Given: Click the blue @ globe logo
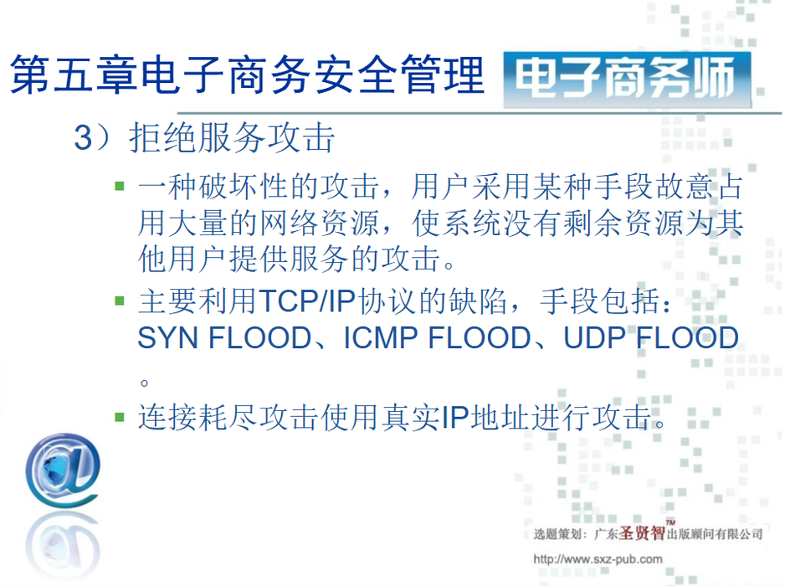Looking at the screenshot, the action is (63, 470).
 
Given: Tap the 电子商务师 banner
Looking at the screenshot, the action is (627, 80).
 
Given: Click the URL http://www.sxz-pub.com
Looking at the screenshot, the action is (598, 559).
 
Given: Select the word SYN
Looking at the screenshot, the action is (168, 338).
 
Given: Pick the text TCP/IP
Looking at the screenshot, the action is (307, 301).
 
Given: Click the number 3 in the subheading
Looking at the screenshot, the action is (83, 137).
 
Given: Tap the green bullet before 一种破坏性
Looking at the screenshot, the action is (120, 186).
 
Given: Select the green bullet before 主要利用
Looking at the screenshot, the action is (120, 301).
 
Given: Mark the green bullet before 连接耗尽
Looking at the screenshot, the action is (120, 417).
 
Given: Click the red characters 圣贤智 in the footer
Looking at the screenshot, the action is (642, 532).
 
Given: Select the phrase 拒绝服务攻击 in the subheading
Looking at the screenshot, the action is (232, 137).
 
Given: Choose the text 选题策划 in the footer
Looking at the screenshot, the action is (556, 534).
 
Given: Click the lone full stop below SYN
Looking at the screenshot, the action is (145, 382).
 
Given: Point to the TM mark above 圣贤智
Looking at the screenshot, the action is (670, 522).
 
